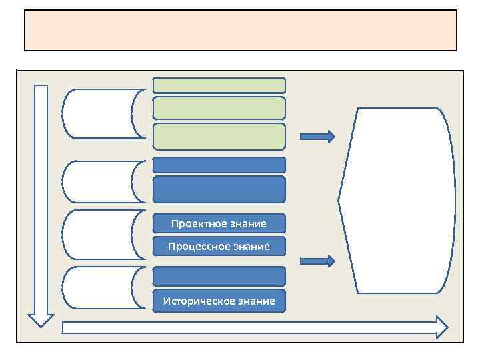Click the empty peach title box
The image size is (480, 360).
240,30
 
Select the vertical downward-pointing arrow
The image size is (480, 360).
41,200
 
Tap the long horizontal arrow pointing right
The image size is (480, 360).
253,327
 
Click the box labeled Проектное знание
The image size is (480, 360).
219,223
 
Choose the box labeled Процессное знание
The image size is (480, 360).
219,246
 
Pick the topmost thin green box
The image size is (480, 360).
219,85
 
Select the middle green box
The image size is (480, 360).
219,108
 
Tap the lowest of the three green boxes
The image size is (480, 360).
219,136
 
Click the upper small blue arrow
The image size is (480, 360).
317,137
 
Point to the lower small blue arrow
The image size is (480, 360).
317,261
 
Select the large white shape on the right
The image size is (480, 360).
397,200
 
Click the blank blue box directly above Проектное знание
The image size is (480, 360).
219,189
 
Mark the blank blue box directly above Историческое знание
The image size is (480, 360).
219,276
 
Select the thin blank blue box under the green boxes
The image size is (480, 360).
219,165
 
